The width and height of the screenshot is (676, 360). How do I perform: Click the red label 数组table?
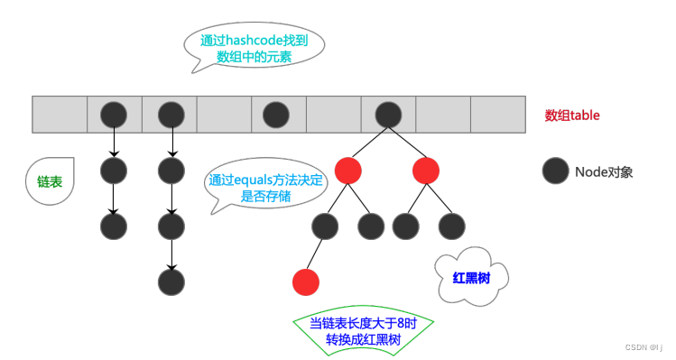(x=572, y=115)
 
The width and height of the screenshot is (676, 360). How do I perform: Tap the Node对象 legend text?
(x=604, y=171)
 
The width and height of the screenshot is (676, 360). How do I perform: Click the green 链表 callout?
(x=50, y=181)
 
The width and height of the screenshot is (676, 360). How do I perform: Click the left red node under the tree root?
(x=348, y=170)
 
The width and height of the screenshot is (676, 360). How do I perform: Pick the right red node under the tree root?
(x=426, y=170)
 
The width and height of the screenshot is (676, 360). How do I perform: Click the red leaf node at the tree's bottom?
(x=306, y=282)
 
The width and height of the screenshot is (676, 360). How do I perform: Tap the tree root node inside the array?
(x=388, y=115)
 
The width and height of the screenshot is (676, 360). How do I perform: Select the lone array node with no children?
(x=276, y=115)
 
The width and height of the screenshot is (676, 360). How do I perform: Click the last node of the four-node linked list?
(x=171, y=282)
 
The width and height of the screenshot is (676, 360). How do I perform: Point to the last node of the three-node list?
(x=114, y=226)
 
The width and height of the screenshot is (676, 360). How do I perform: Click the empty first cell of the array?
(x=60, y=115)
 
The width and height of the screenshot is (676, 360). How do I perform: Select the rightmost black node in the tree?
(x=449, y=226)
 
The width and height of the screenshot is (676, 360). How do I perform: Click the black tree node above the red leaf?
(x=325, y=226)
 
